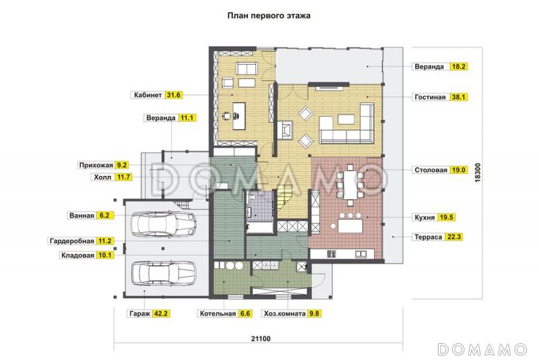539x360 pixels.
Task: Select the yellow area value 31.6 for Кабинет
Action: click(175, 96)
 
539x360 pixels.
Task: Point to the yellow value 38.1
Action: click(459, 97)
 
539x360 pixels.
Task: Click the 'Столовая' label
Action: click(430, 170)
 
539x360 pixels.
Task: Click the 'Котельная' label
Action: click(217, 313)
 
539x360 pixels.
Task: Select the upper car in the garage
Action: click(163, 224)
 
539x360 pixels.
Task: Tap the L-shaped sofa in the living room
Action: click(348, 128)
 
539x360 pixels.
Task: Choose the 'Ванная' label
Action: click(82, 216)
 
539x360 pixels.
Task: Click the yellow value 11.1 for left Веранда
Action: click(187, 117)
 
